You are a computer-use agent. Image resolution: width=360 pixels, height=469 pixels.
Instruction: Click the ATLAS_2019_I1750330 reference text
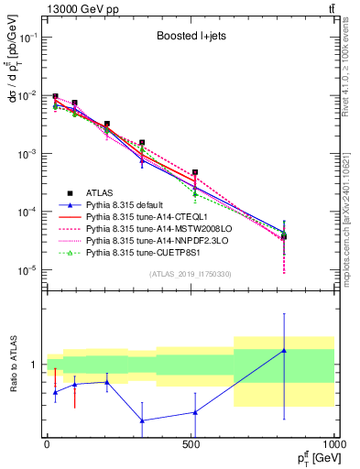coord(189,274)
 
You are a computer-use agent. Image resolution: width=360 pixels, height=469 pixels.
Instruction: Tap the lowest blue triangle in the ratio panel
coord(142,420)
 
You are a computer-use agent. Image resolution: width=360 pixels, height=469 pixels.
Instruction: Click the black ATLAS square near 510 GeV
coord(194,172)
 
